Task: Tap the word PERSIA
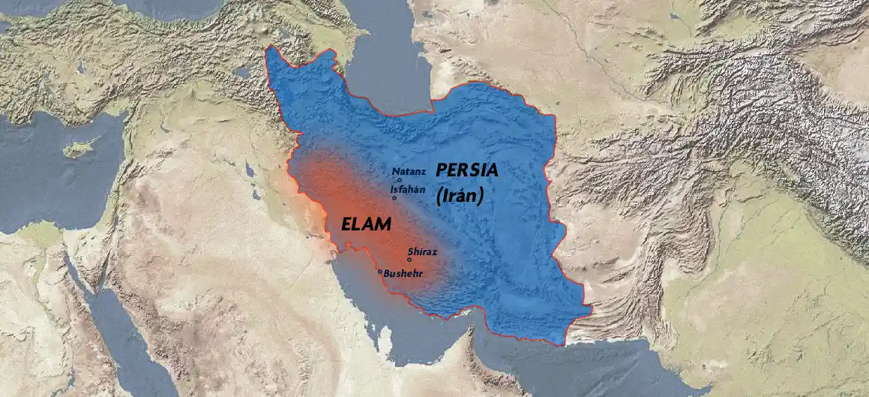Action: [x=466, y=170]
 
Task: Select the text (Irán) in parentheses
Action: [x=459, y=196]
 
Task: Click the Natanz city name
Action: [x=409, y=172]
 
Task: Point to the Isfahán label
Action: [x=407, y=190]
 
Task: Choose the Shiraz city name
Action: [x=422, y=252]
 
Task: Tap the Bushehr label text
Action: [x=403, y=274]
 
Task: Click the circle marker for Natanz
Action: [x=400, y=180]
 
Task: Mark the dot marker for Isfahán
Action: [x=394, y=198]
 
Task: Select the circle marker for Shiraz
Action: [x=409, y=260]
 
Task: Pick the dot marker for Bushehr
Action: [x=380, y=272]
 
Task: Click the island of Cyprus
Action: [x=77, y=149]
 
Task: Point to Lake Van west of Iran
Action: [x=241, y=73]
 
